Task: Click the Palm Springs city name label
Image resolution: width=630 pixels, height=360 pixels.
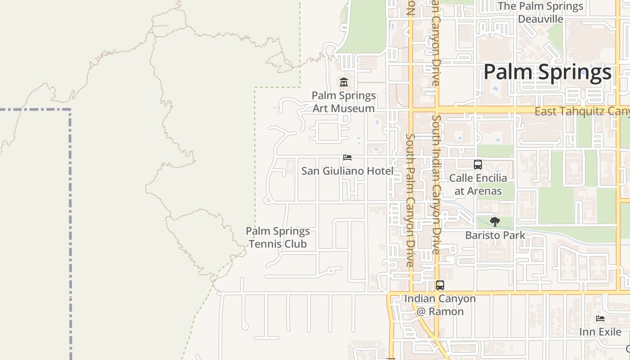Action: [x=547, y=72]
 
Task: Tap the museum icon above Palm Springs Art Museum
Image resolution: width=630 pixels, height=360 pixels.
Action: [x=344, y=82]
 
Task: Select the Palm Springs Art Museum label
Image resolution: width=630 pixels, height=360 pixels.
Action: [x=344, y=102]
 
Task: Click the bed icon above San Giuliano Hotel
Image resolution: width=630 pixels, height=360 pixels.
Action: [x=347, y=157]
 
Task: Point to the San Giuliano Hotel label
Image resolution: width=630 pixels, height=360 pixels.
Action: [x=347, y=171]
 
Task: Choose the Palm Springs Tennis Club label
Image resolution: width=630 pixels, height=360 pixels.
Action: [x=278, y=238]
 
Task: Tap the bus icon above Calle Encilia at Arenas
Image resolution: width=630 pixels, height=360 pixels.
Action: [x=478, y=165]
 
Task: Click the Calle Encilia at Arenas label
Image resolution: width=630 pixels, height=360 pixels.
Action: [x=478, y=184]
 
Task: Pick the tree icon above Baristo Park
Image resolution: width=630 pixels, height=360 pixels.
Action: [x=495, y=221]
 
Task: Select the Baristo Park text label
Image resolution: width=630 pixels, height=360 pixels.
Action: [x=495, y=235]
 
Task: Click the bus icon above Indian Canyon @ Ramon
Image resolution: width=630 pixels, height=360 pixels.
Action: [x=440, y=285]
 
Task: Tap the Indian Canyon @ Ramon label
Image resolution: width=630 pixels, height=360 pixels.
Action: [x=440, y=305]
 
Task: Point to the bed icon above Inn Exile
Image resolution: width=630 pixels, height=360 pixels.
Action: [x=600, y=319]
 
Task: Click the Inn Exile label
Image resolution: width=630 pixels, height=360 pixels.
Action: [x=600, y=332]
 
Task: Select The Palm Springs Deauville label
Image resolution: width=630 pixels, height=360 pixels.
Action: [x=540, y=13]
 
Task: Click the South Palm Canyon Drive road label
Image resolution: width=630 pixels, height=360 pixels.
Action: [x=409, y=200]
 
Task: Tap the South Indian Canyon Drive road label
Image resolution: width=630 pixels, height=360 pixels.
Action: [x=436, y=184]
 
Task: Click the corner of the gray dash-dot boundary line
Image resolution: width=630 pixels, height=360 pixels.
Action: [x=70, y=109]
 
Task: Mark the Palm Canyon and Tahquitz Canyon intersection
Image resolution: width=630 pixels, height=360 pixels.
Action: [x=411, y=109]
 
